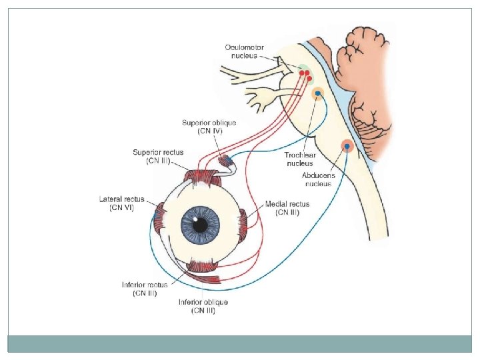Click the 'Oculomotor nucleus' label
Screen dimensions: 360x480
click(x=244, y=51)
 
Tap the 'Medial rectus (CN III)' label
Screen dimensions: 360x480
click(x=287, y=207)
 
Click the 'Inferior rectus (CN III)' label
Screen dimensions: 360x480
click(x=145, y=289)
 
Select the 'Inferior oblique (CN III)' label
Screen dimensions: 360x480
click(x=203, y=306)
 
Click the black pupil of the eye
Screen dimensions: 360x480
click(x=200, y=225)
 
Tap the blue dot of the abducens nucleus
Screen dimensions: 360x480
click(x=347, y=146)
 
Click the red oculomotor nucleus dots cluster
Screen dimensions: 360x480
click(x=305, y=74)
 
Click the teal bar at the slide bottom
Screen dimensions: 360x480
click(x=240, y=343)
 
